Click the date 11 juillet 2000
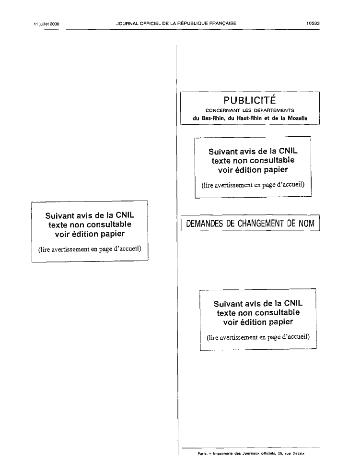(46, 24)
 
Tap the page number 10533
(313, 24)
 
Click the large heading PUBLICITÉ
(250, 100)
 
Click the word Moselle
(297, 118)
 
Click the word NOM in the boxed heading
(307, 224)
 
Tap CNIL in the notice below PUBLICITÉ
(288, 151)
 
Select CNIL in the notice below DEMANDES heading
(293, 303)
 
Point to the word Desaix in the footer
(298, 453)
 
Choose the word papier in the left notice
(113, 234)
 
